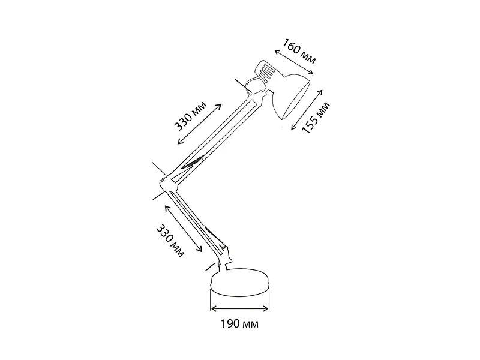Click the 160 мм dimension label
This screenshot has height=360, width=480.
[x=298, y=51]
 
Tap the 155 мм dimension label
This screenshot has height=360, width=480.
[x=316, y=118]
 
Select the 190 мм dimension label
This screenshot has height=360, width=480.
[x=239, y=323]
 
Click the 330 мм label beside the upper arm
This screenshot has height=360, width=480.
[x=190, y=116]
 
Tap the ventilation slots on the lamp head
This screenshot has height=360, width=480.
[x=266, y=72]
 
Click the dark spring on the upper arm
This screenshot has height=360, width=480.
[x=193, y=163]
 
